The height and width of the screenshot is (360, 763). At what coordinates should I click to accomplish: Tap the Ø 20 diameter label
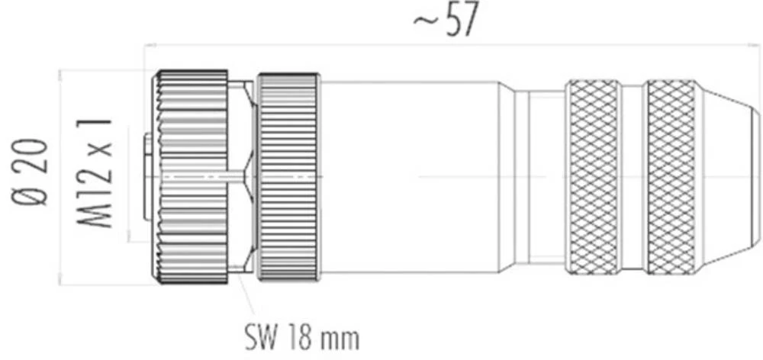[x=33, y=172]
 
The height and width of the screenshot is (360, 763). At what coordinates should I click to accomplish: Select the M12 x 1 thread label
[x=95, y=172]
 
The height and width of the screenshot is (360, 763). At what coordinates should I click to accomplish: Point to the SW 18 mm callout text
[x=301, y=336]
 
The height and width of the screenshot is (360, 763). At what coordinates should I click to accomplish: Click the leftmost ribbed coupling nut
[x=192, y=177]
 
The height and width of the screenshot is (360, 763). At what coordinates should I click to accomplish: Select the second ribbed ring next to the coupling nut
[x=288, y=177]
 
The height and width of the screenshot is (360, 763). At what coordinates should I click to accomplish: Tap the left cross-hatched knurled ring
[x=594, y=177]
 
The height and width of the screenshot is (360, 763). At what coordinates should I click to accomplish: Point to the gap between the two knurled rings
[x=633, y=177]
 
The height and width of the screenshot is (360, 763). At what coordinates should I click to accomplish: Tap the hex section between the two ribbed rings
[x=243, y=177]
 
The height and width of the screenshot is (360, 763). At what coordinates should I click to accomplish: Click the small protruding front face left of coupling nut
[x=147, y=177]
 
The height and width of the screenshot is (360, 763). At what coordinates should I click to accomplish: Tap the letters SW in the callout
[x=259, y=336]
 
